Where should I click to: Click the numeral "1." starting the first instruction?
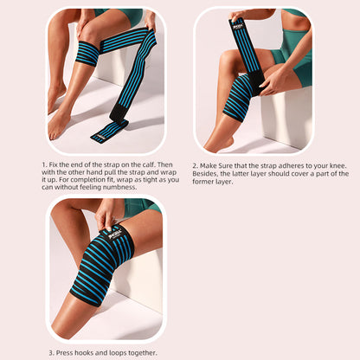click(x=44, y=163)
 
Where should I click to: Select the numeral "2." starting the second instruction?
click(x=196, y=163)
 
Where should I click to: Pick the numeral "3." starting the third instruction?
click(x=52, y=351)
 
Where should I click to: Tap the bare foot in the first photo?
click(x=60, y=121)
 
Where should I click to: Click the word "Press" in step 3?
click(x=68, y=351)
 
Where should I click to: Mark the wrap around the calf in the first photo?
click(x=86, y=54)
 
